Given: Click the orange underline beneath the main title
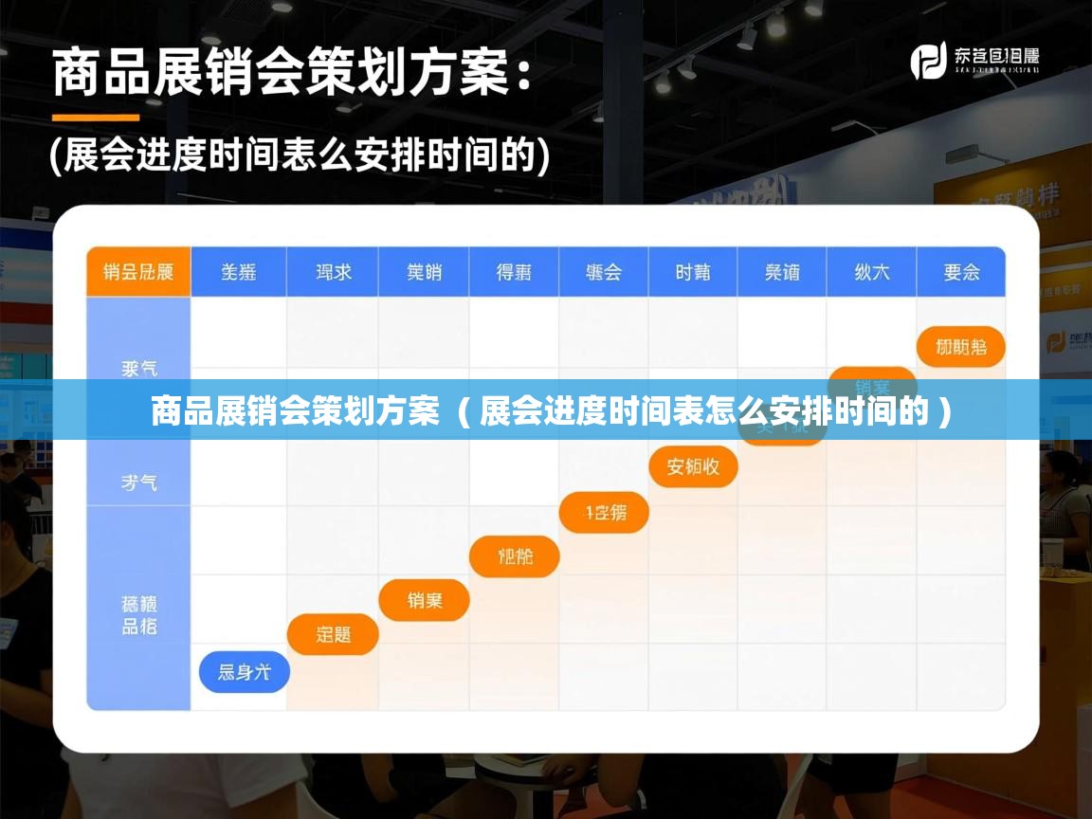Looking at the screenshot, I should coord(95,118).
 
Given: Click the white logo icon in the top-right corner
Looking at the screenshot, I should coord(928,62).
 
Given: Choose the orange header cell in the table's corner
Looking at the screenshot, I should coord(138,272).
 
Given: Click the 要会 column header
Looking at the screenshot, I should coord(961,272).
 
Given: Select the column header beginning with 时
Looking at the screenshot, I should coord(693,272).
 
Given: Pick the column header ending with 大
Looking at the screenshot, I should coord(871,272).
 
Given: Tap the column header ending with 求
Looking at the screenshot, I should coord(333,272).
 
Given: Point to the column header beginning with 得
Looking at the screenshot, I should coord(514,272).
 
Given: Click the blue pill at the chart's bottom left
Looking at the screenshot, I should coord(244,672).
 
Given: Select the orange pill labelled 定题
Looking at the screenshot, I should coord(333,634).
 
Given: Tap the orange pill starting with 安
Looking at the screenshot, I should coord(693,466).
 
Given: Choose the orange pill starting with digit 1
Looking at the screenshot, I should coord(605,513).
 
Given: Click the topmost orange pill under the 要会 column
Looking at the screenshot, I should coord(960,347).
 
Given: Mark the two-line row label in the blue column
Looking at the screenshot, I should coord(138,614).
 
